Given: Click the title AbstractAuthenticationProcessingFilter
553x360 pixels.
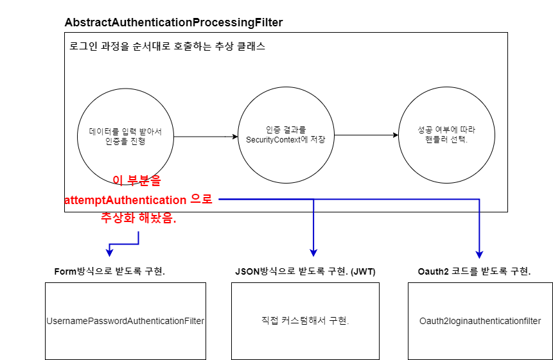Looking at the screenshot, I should point(173,22).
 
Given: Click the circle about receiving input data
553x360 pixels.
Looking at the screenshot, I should point(125,136).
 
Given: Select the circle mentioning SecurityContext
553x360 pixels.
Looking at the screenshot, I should point(286,135).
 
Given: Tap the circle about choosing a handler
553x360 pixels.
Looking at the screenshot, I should point(446,135).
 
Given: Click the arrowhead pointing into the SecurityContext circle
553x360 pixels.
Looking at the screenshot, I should point(234,136).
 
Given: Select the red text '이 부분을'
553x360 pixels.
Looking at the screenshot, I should point(137,181).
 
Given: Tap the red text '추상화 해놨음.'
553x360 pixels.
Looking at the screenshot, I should point(138,218).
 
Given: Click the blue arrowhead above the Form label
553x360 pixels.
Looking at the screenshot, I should point(110,252).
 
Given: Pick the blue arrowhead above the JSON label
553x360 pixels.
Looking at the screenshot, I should point(313,252).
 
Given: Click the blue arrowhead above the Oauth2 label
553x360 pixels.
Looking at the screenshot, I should point(479,254).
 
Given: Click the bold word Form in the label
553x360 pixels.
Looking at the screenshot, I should point(66,271).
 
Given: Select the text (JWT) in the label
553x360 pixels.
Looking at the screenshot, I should point(362,271).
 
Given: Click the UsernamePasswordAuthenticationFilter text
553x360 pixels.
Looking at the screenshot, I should point(125,321).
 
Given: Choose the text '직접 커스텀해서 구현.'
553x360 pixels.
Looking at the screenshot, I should point(305,321).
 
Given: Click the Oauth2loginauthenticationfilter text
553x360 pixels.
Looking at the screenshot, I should point(480,321).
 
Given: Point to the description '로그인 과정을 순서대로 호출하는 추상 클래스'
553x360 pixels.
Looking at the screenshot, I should point(167,47).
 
